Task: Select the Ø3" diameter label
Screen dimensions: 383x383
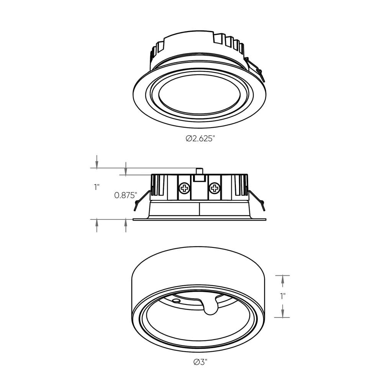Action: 200,362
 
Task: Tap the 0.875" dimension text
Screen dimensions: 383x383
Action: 126,195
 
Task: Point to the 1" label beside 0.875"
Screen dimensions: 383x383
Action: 97,187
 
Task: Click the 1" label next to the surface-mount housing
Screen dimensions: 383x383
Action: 283,296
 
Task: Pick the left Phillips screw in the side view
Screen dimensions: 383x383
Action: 185,188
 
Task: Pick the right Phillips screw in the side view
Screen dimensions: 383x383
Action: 214,188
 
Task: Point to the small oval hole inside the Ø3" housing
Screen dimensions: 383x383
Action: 176,301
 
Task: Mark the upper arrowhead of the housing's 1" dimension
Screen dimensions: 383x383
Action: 283,281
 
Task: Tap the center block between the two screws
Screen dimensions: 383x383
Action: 199,188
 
